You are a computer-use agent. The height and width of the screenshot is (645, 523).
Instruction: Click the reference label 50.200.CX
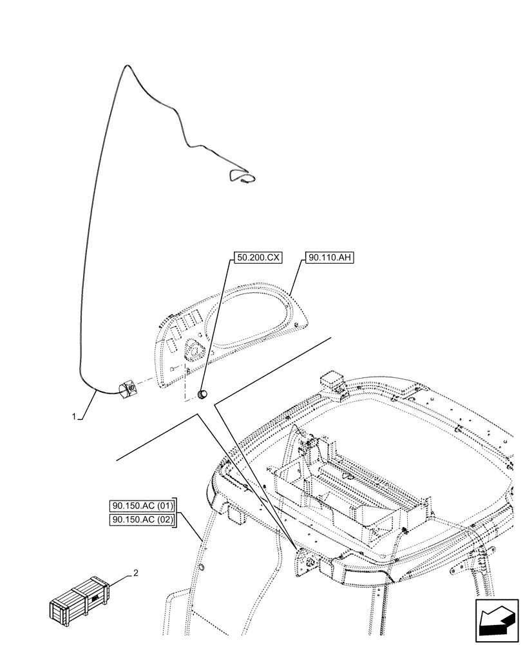click(x=258, y=257)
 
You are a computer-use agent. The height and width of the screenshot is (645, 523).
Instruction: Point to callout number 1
click(x=75, y=417)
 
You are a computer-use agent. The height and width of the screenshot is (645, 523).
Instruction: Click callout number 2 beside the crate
click(x=135, y=572)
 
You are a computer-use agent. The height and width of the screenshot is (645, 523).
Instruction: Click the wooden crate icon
click(x=77, y=602)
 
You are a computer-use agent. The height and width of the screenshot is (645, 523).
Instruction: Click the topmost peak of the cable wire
click(x=127, y=66)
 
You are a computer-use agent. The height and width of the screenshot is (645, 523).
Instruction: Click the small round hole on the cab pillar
click(x=201, y=567)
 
